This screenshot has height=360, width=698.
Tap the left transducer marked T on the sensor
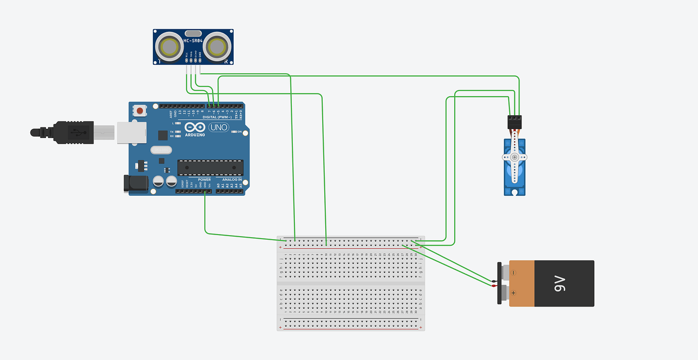[x=169, y=48]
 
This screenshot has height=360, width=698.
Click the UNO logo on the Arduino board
[x=219, y=127]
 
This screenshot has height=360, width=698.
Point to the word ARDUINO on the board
[x=195, y=135]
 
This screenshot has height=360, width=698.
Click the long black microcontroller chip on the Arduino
[x=210, y=167]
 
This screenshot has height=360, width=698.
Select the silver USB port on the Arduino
[x=132, y=132]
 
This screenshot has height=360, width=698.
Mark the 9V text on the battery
[x=560, y=284]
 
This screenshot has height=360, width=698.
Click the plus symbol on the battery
[x=513, y=293]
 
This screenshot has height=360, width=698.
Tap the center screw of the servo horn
[x=514, y=158]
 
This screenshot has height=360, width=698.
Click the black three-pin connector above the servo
[x=514, y=122]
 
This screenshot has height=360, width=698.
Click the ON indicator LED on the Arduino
[x=233, y=132]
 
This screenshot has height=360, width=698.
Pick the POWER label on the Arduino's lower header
[x=204, y=179]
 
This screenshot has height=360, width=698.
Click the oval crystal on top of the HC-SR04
[x=193, y=33]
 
